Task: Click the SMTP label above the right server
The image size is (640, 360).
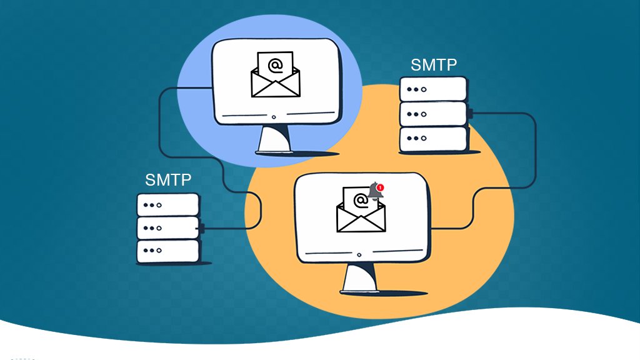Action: coord(434,65)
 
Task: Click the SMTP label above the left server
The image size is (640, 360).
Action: coord(168,180)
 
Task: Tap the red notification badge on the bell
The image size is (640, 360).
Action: coord(381,187)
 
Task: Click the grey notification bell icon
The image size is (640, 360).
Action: coord(375,192)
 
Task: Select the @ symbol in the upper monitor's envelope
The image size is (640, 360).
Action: coord(275,65)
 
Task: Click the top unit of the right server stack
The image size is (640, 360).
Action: coord(433,89)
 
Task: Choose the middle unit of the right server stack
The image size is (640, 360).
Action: coord(433,114)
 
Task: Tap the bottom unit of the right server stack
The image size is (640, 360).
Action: coord(433,139)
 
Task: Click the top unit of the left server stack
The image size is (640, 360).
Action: coord(168,204)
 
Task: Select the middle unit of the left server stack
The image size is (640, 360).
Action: coord(168,227)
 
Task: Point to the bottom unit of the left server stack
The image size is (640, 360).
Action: coord(168,251)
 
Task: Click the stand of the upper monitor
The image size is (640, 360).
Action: coord(274,139)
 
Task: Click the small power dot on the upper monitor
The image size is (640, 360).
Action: coord(274,117)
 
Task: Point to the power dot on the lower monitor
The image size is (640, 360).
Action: coord(359,255)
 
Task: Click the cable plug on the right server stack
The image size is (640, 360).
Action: coord(469,114)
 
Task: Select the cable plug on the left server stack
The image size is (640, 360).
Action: coord(202,228)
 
